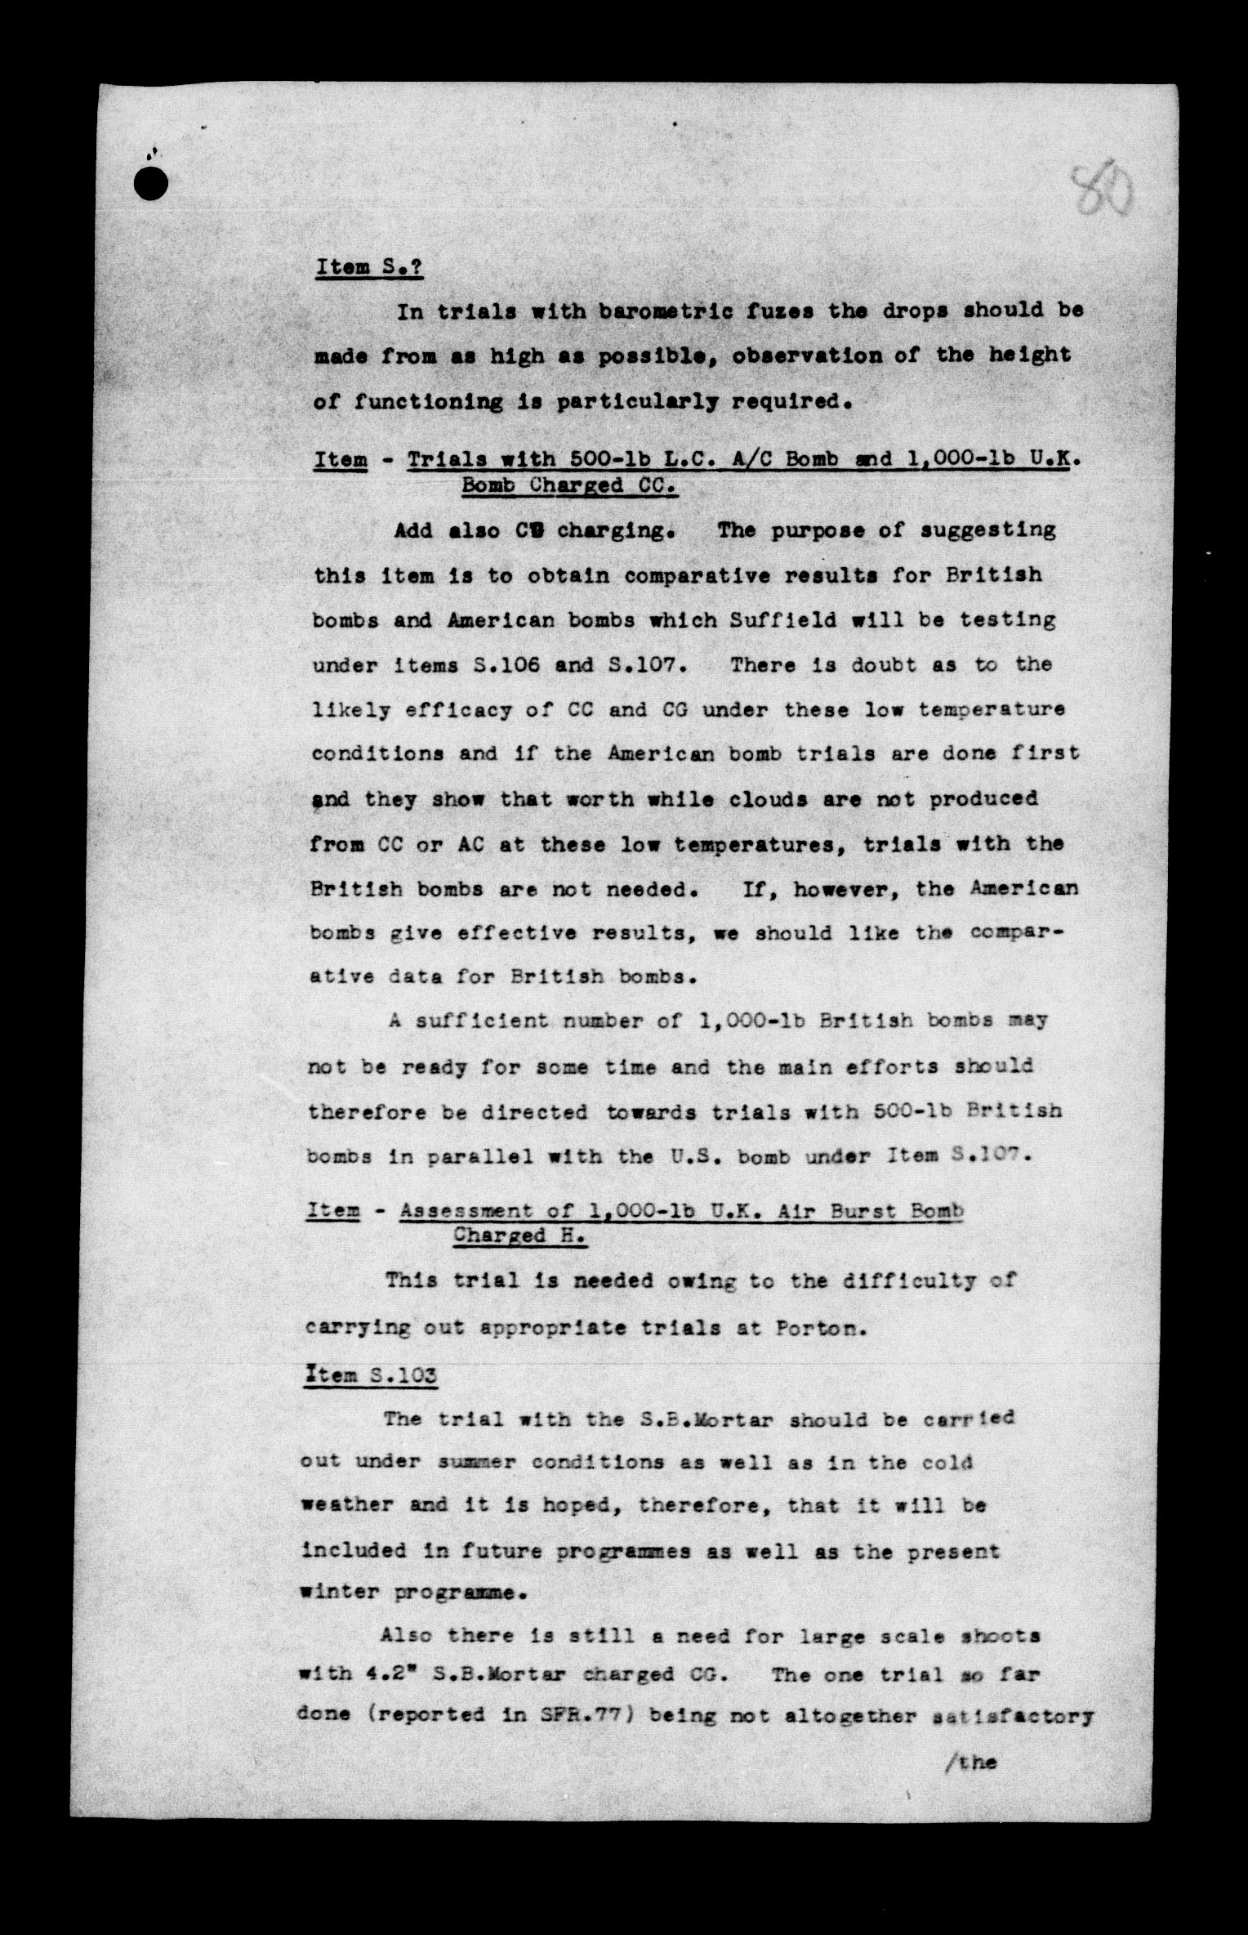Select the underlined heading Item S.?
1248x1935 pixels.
click(x=368, y=267)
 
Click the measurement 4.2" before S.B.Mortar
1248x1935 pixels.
click(x=394, y=1674)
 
